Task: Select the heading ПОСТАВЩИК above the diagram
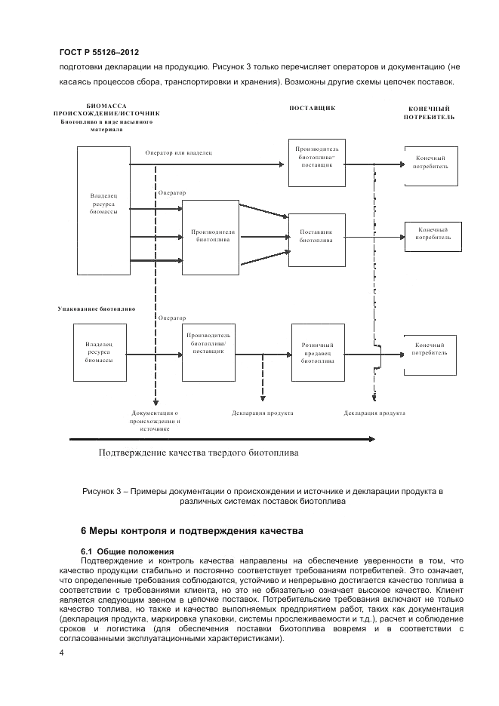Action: (x=312, y=109)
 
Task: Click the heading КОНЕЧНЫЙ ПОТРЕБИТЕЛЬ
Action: (x=429, y=113)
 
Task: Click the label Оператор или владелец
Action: (x=179, y=152)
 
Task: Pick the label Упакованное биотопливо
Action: (x=97, y=308)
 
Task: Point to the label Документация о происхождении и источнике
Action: (x=154, y=421)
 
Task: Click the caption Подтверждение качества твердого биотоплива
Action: (x=199, y=454)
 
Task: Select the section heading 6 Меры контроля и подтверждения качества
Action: (x=192, y=531)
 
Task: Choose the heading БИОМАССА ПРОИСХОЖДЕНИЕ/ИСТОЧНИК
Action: (x=106, y=110)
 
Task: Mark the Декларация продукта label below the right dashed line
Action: (x=374, y=413)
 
